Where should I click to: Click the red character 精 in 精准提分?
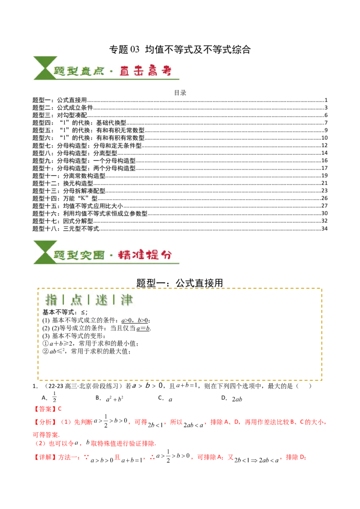click(x=125, y=254)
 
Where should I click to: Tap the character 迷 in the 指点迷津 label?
click(x=102, y=300)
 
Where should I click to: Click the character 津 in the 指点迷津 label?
click(x=126, y=300)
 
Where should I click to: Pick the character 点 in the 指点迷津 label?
click(x=76, y=300)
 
